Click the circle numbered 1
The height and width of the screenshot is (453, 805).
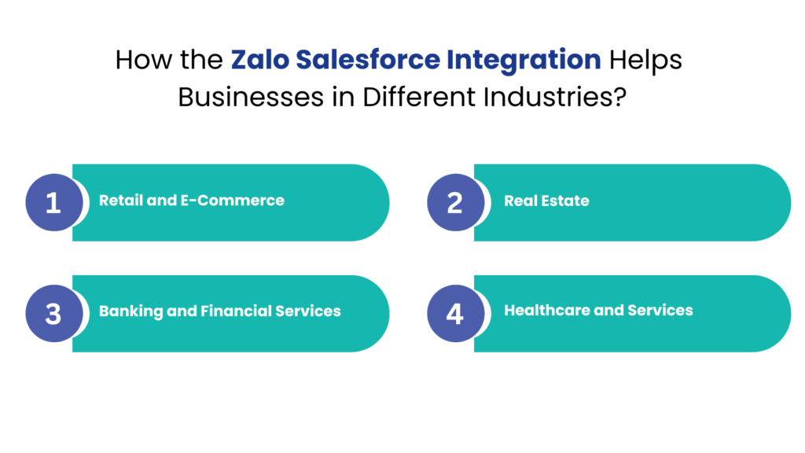click(x=53, y=203)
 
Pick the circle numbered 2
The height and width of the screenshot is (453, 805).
click(x=454, y=203)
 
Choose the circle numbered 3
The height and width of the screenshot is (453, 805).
click(x=53, y=313)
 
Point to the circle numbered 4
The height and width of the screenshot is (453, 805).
click(x=454, y=313)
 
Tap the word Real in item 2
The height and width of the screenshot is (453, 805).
click(x=521, y=201)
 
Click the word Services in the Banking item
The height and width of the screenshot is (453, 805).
click(x=308, y=311)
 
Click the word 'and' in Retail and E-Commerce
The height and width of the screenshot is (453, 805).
click(x=162, y=201)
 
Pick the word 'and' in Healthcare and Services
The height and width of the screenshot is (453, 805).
click(x=608, y=311)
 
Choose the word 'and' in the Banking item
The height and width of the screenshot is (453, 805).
click(x=182, y=311)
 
